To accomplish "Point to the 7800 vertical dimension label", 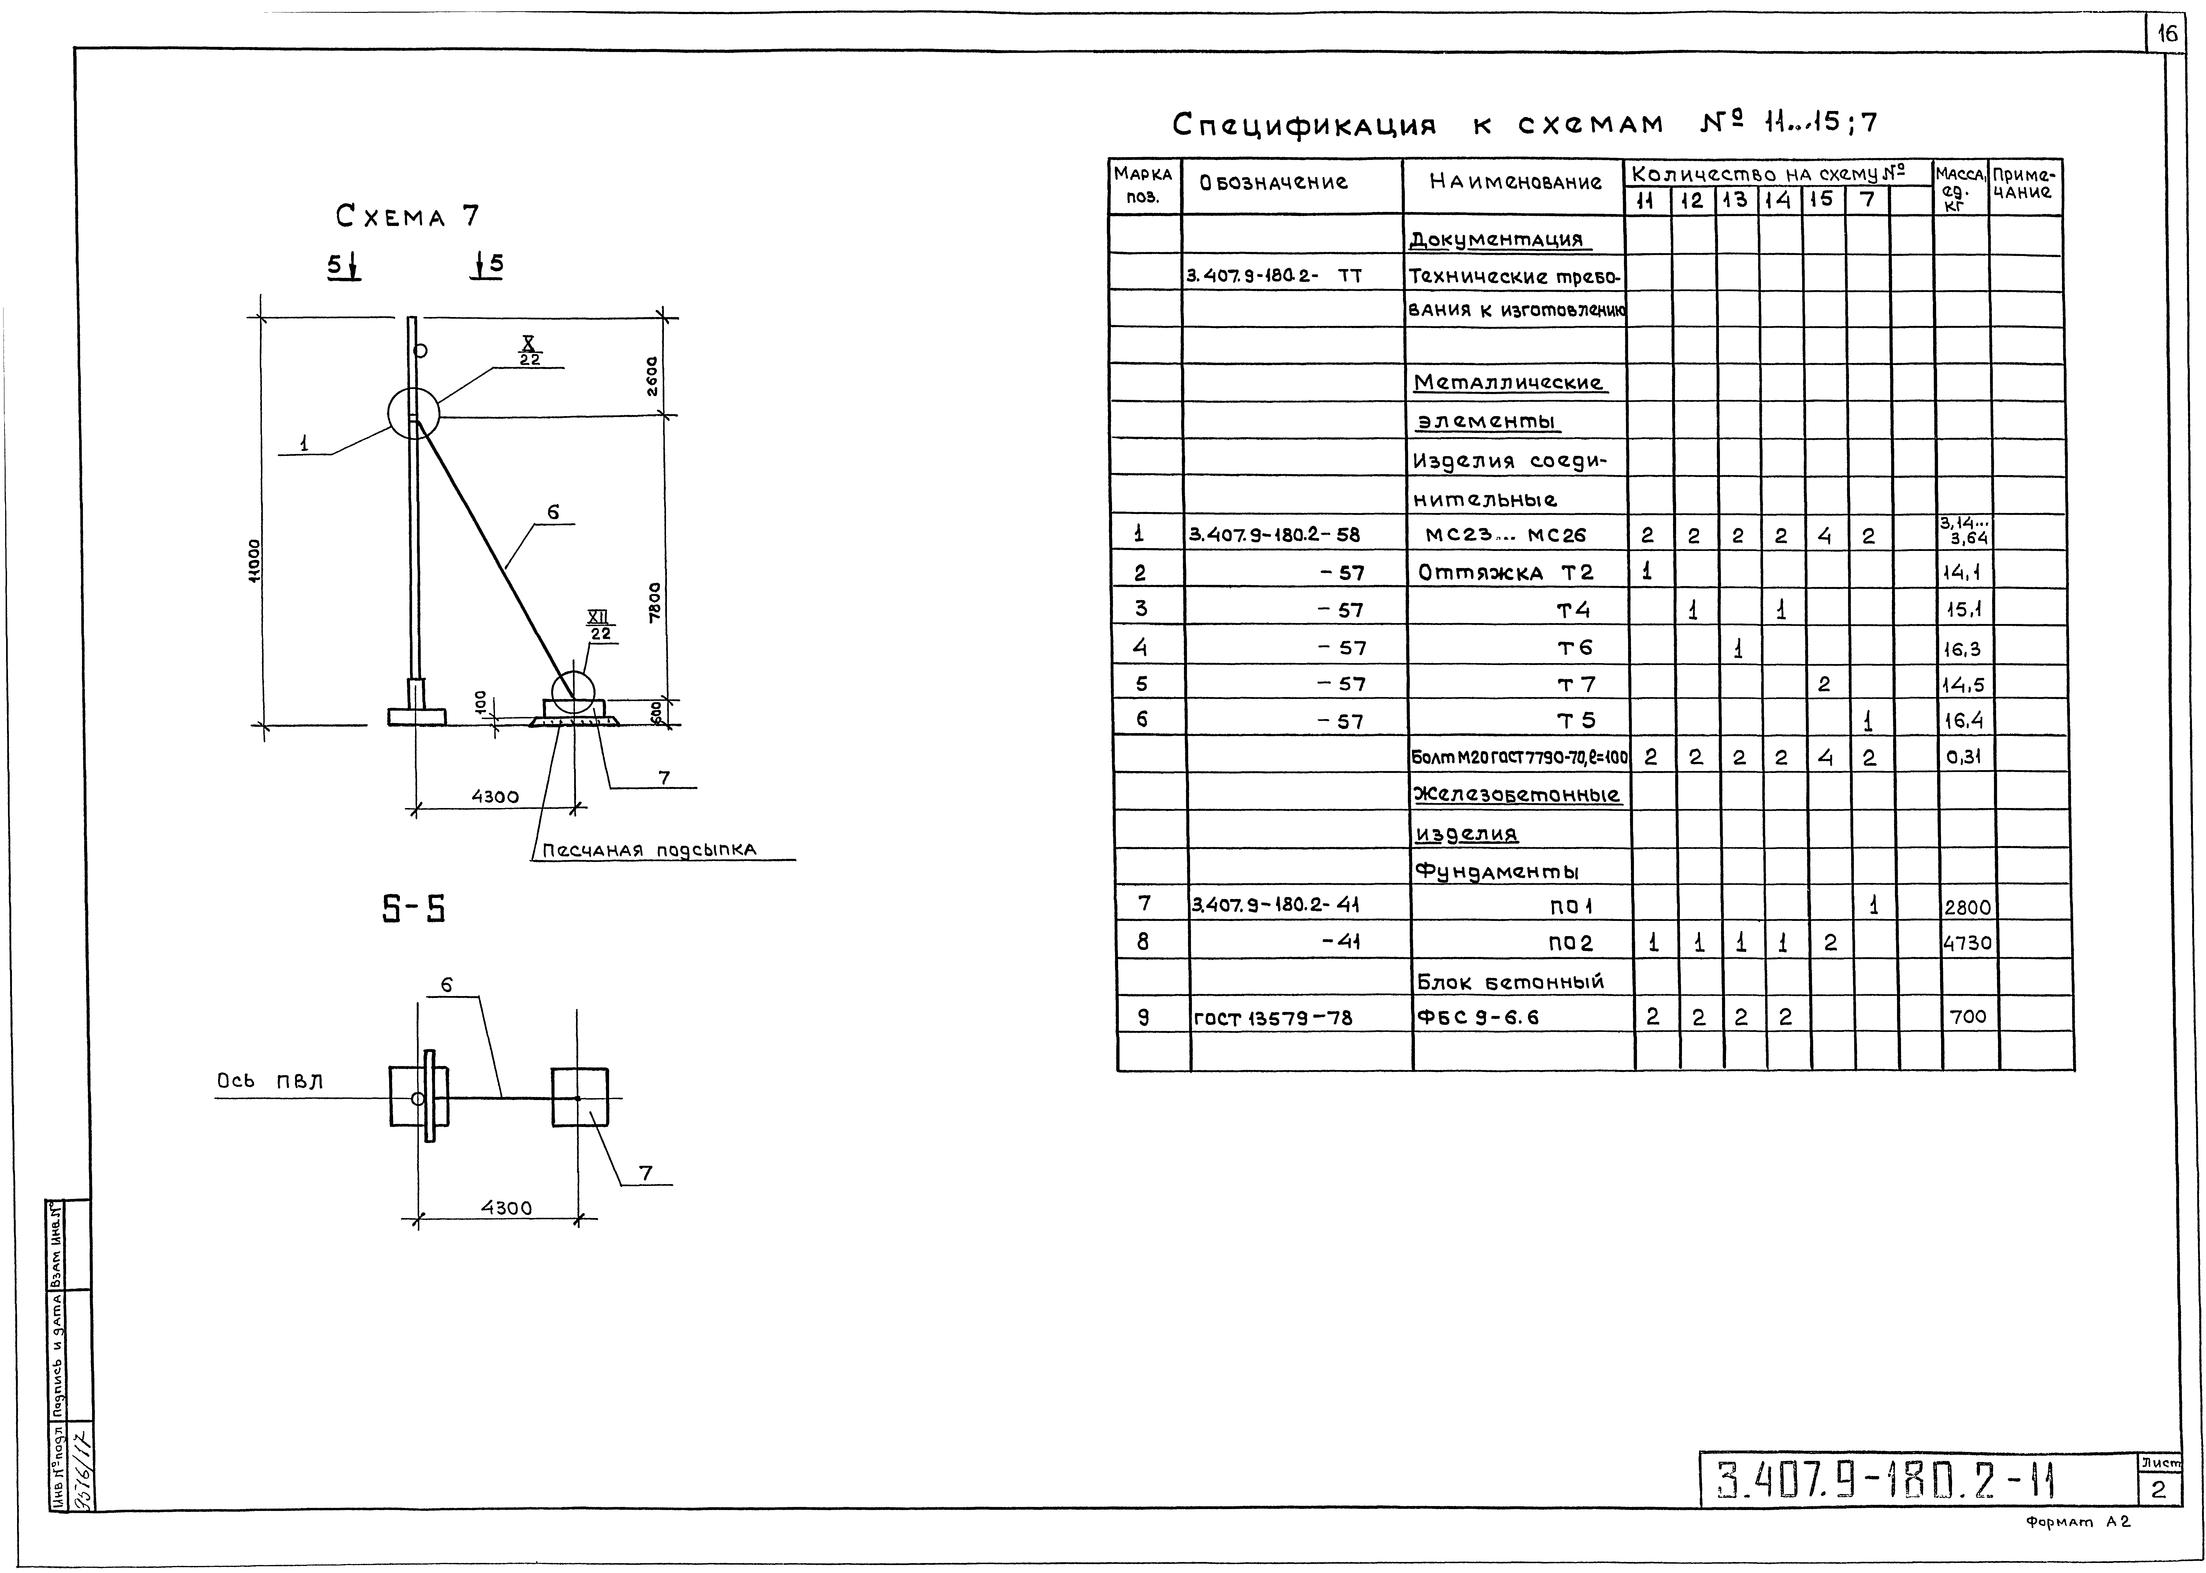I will click(655, 602).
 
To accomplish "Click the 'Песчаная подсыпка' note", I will click(649, 850).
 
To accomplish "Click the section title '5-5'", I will click(414, 908).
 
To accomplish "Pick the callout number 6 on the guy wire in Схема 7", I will click(553, 512).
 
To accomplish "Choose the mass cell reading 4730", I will click(1967, 942).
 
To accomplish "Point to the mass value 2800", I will click(1967, 908).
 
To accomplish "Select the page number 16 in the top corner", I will click(2166, 35).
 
